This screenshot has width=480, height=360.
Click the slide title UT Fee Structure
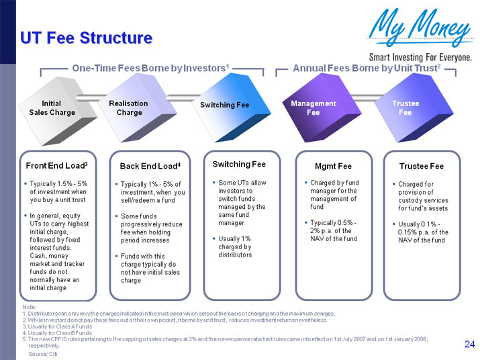coord(86,38)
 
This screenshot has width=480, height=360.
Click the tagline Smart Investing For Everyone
coord(422,57)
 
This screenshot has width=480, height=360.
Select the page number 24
coord(469,345)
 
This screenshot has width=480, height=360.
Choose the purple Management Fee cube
coord(313,107)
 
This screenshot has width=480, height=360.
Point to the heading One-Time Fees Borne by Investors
coord(151,68)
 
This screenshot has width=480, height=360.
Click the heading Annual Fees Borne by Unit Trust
coord(367,68)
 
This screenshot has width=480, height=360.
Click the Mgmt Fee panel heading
coord(333,166)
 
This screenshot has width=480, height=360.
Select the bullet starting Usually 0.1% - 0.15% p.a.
coord(423,232)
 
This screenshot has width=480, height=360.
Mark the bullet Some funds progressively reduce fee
coord(151,228)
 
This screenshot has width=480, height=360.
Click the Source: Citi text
coord(43,353)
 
